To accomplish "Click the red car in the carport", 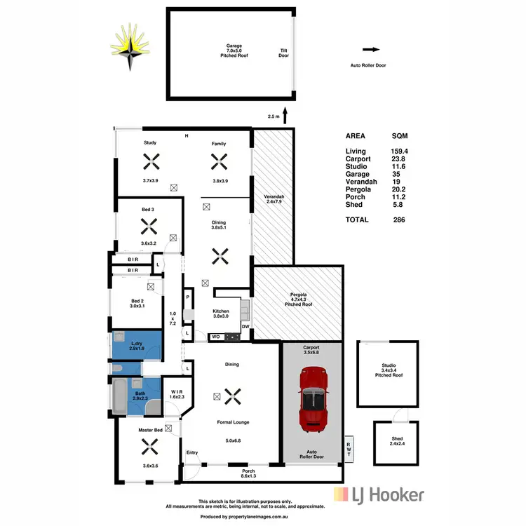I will tap(313, 401).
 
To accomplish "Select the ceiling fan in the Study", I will tap(150, 163).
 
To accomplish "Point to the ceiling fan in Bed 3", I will tap(148, 227).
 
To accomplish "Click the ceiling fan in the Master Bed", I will tap(148, 447).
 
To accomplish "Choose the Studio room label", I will tap(389, 366).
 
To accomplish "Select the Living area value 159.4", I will tap(400, 151).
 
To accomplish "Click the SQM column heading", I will tap(400, 136).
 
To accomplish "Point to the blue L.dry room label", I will tap(136, 343).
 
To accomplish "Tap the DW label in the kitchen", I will tap(245, 327).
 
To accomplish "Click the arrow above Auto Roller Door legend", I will tap(371, 50).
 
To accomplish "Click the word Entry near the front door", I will tap(191, 452).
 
